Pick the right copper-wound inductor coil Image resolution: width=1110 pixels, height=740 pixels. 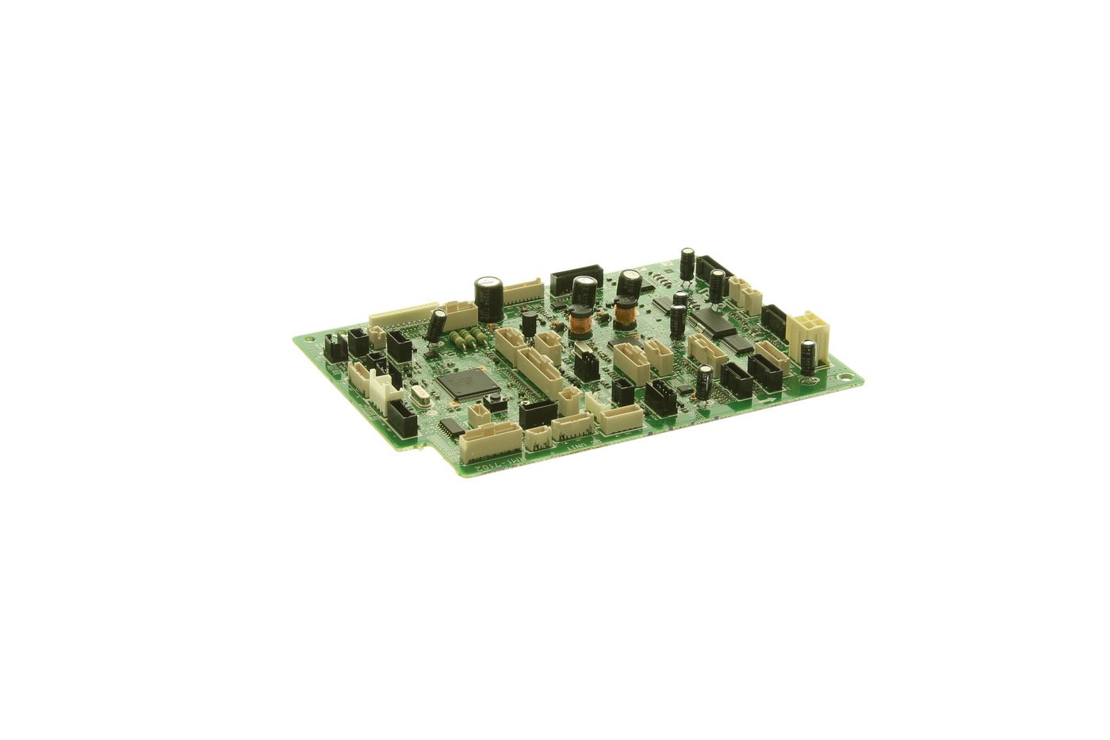tap(626, 316)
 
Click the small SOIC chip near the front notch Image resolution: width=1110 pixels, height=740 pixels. tap(451, 428)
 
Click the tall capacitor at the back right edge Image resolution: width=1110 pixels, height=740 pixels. tap(687, 264)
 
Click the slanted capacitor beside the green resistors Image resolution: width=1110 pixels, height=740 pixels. tap(437, 324)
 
